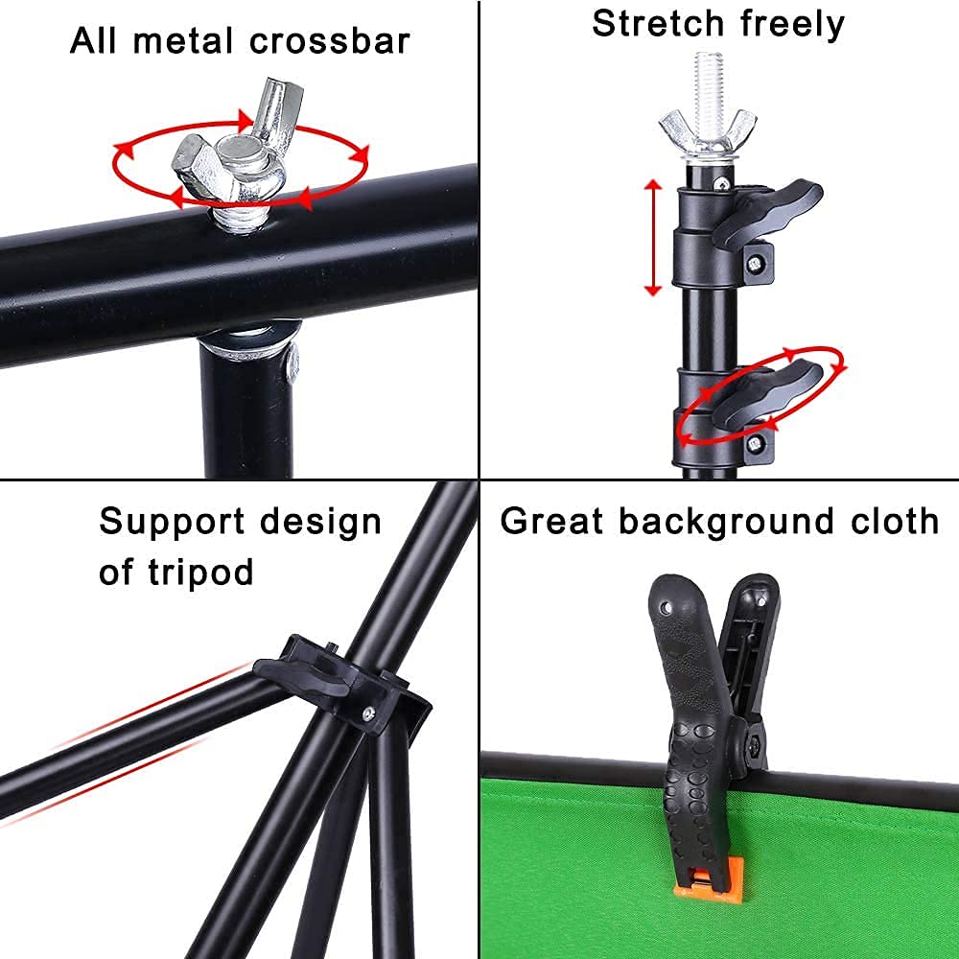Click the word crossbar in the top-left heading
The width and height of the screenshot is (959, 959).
[x=329, y=41]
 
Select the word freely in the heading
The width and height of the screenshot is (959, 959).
[x=792, y=26]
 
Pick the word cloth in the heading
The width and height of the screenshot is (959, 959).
[x=894, y=521]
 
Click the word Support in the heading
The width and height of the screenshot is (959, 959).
[x=172, y=523]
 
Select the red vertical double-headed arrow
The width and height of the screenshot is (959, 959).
[x=653, y=237]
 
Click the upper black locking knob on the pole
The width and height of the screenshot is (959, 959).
[x=768, y=213]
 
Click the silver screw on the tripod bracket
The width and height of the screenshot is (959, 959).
[x=368, y=712]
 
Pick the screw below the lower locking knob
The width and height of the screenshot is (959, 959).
[x=755, y=444]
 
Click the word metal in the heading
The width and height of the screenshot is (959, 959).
[x=183, y=41]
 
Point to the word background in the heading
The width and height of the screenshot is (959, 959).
[x=727, y=523]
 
